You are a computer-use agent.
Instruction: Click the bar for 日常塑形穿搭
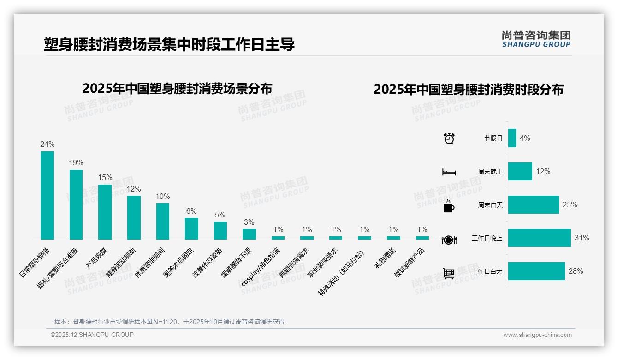47,195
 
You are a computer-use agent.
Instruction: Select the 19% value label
76,163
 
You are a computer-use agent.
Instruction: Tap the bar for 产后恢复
105,212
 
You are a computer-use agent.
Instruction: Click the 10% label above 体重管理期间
163,196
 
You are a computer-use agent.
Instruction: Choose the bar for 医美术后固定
191,228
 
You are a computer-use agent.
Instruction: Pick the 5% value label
220,215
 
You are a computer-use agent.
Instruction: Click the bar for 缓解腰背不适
249,234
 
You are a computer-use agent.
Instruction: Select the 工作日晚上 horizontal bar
539,238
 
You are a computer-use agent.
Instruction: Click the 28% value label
576,271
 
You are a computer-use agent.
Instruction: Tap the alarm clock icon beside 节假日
449,138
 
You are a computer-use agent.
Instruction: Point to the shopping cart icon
449,273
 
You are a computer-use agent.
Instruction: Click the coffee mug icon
449,206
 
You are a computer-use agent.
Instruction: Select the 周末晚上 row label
490,172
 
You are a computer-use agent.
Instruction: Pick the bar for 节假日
512,138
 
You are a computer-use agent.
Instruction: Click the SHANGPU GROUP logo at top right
536,39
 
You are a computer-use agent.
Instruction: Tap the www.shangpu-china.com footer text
537,335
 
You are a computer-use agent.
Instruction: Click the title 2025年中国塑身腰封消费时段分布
469,90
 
